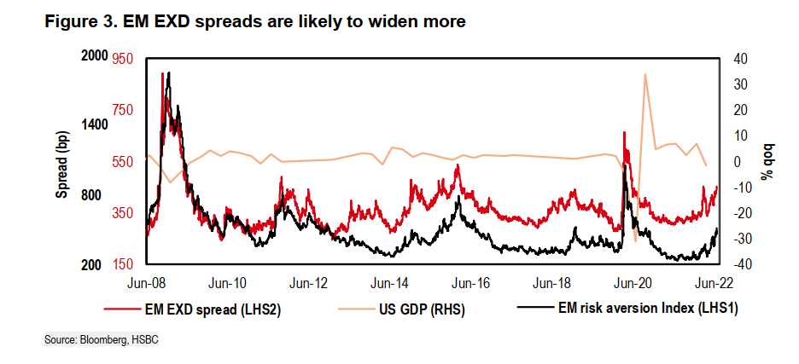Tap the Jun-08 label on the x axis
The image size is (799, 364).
click(146, 282)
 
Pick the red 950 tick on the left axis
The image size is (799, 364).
click(124, 58)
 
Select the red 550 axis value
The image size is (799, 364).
click(124, 161)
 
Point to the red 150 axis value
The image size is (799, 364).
click(124, 265)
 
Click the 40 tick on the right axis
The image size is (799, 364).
click(739, 58)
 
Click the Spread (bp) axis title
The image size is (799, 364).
click(62, 164)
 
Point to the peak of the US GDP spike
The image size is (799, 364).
click(644, 74)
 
